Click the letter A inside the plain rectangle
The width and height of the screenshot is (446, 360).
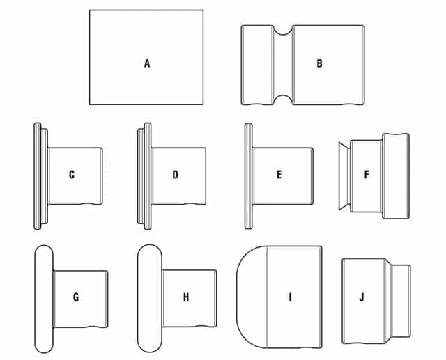point(147,63)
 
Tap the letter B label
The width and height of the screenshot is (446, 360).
point(319,63)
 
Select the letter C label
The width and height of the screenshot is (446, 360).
point(72,175)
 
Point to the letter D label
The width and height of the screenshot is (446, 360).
point(175,175)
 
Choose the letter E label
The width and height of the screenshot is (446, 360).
point(279,175)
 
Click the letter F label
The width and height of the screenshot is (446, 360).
point(367,174)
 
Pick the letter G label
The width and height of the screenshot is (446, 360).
point(76,297)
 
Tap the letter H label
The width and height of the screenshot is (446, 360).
point(186,297)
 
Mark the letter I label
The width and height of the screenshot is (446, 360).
point(290,297)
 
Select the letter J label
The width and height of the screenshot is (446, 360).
point(362,297)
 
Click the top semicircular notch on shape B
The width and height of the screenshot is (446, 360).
point(283,30)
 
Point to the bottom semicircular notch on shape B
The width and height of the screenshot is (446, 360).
point(283,100)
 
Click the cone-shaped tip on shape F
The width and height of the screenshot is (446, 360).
point(344,176)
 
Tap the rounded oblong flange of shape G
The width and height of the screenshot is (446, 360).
point(44,299)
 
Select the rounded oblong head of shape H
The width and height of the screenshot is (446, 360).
point(150,298)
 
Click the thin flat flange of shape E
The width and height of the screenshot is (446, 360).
point(248,176)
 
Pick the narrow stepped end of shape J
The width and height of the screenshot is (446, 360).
point(401,301)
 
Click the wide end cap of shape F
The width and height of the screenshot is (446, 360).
point(396,176)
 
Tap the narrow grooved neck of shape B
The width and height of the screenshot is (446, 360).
point(283,65)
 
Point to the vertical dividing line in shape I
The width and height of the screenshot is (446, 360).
point(266,297)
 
